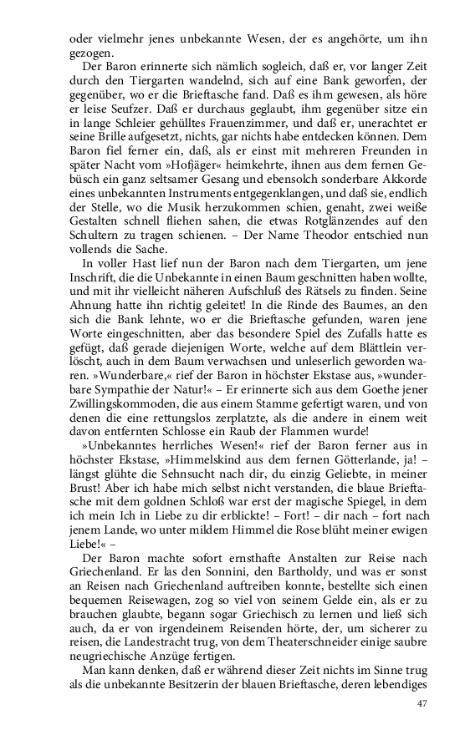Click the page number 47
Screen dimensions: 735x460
(x=421, y=704)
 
